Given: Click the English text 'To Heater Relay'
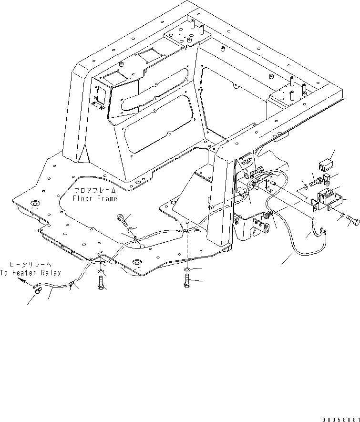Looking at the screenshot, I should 31,273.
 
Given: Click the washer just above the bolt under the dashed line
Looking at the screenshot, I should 187,271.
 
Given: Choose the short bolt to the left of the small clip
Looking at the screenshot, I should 316,182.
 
